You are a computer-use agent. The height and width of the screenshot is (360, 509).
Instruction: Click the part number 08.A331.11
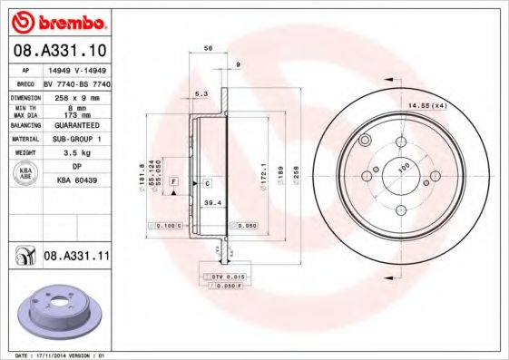(76, 257)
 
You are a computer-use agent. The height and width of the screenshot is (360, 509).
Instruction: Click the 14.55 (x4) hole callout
(426, 107)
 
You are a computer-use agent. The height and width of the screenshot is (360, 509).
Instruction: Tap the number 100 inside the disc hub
(404, 165)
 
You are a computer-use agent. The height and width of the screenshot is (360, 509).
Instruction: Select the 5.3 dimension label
(201, 93)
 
